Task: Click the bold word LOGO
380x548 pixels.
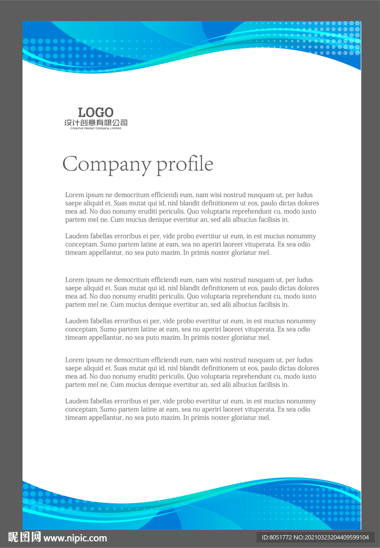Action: click(96, 112)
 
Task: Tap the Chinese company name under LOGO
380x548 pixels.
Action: click(96, 123)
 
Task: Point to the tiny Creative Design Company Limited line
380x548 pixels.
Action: click(96, 128)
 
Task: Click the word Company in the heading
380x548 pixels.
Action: click(107, 164)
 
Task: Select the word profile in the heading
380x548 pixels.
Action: click(185, 164)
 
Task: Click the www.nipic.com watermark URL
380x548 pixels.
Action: click(75, 538)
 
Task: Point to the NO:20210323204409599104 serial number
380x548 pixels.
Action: click(334, 537)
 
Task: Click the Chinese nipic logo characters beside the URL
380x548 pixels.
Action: click(25, 537)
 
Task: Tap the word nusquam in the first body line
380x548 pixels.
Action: click(263, 195)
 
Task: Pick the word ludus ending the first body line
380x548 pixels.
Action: click(305, 195)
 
